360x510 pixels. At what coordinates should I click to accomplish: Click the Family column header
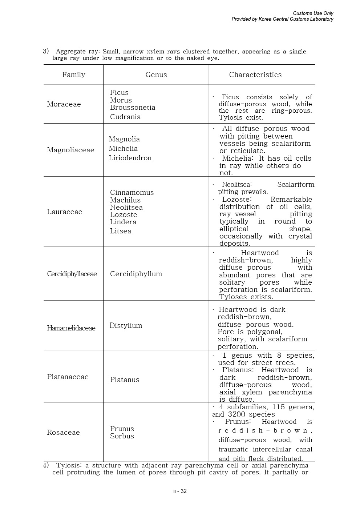73,75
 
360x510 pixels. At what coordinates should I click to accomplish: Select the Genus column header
156,75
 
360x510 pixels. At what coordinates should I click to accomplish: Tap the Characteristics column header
255,75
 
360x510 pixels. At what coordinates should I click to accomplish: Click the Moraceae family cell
64,104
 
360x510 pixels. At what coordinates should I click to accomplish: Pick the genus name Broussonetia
133,108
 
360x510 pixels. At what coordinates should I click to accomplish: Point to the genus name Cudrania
125,117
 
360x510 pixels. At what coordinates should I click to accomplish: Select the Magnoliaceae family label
70,150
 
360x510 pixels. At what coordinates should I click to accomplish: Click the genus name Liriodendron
130,158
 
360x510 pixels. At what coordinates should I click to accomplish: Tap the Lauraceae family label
65,212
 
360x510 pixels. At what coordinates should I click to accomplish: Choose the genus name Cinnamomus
132,193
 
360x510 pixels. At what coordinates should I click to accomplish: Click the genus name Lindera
123,222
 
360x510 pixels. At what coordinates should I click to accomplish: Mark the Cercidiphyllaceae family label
72,274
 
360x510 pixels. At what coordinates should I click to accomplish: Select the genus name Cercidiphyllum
136,274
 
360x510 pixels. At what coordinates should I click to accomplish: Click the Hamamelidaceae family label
71,328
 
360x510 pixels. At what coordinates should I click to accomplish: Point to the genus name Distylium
126,326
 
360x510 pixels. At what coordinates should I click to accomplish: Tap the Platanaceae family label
68,377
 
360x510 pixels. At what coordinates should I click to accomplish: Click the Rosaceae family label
63,433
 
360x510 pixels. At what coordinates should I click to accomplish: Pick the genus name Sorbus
122,436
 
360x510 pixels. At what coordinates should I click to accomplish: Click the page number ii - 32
180,491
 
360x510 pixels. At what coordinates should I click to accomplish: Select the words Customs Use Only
313,13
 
